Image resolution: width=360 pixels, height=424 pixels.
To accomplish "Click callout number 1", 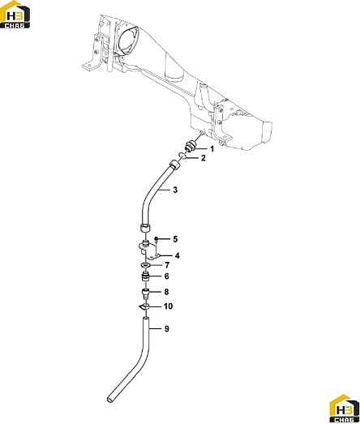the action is pos(212,149).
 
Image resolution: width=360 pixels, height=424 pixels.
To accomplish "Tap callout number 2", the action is pos(204,158).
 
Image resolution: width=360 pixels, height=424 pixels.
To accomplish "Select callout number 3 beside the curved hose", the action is pos(175,190).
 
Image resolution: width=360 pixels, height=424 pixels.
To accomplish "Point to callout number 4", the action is pos(177,255).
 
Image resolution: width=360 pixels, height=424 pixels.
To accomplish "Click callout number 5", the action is pos(175,239).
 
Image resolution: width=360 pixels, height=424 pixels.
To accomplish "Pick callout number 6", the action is pos(166,276).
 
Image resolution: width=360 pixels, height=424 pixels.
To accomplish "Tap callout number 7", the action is pos(167,265).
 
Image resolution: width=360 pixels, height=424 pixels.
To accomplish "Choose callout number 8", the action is pos(166,292).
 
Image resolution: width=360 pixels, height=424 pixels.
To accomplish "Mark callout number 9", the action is pos(166,329).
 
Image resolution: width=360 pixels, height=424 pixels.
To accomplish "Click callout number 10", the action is pos(168,306).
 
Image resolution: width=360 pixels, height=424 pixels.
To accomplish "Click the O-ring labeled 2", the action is pos(182,156).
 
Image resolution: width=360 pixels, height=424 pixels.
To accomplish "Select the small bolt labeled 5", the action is pos(156,240).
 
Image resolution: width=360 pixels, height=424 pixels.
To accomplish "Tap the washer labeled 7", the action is pos(145,265).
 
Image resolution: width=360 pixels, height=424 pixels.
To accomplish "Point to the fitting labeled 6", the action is pos(145,276).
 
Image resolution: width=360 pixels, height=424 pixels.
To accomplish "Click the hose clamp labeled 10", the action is pos(144,306).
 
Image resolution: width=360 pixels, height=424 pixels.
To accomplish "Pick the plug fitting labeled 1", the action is pos(191,146).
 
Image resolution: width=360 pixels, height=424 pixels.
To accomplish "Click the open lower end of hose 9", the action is pos(109,399).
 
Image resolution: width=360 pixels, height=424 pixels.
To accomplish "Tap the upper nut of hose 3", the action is pos(174,164).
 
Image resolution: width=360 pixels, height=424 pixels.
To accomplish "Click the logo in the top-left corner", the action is pos(15,15).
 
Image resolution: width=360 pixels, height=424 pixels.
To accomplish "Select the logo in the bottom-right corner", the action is pos(345,409).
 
